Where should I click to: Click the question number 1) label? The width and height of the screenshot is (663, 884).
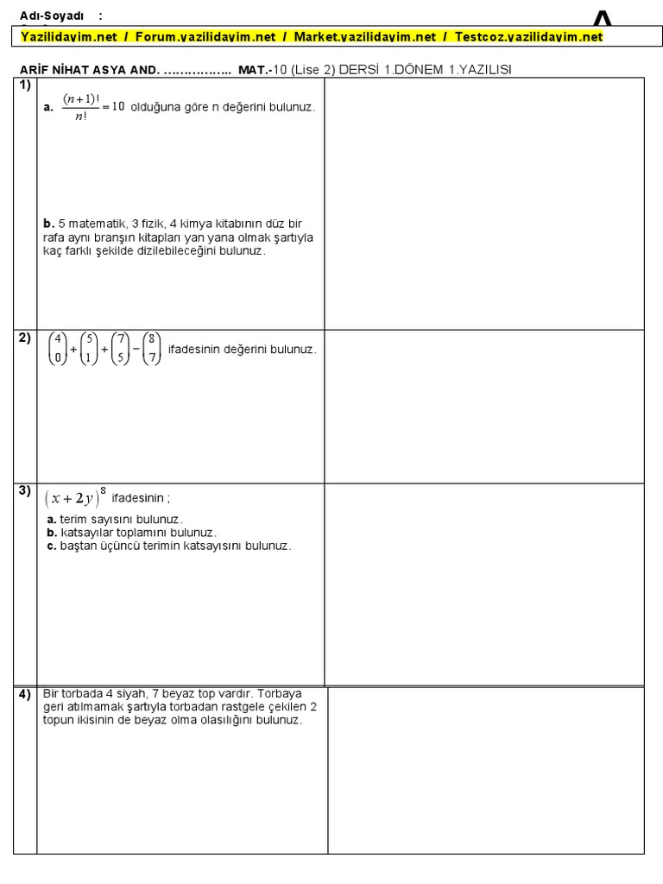[x=23, y=85]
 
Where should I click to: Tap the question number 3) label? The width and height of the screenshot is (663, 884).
[x=23, y=491]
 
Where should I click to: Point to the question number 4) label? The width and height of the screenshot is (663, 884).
[x=24, y=695]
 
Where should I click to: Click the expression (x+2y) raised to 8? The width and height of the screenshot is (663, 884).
[x=77, y=497]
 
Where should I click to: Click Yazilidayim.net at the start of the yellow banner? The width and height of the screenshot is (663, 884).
[x=69, y=37]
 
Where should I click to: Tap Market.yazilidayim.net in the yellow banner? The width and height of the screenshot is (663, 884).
[x=365, y=37]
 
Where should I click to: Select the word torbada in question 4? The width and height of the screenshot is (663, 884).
[x=79, y=693]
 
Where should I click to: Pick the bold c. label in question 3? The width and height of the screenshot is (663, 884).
[x=52, y=546]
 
